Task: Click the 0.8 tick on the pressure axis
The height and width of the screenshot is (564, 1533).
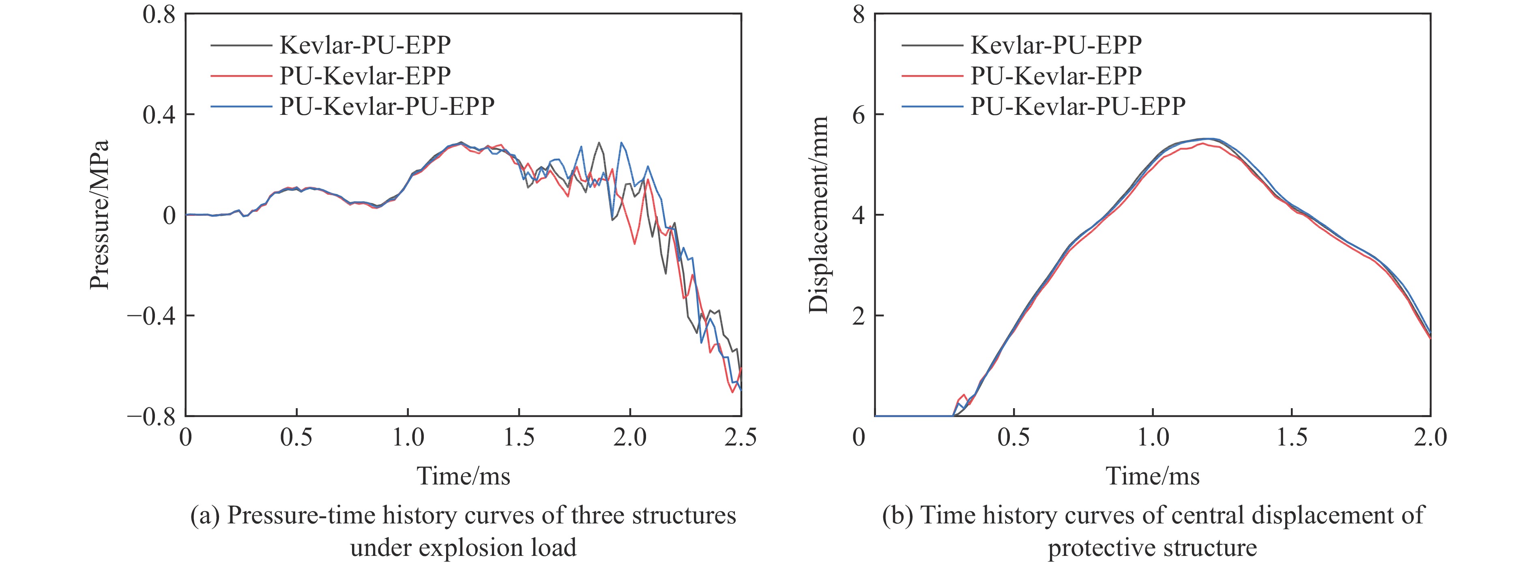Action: [159, 14]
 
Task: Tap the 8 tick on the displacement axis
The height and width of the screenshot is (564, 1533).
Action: [858, 14]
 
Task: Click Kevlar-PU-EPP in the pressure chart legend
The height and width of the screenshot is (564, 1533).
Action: [365, 45]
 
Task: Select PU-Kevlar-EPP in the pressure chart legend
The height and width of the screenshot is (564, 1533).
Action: [365, 75]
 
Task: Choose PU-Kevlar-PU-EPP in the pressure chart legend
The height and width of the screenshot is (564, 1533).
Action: [387, 106]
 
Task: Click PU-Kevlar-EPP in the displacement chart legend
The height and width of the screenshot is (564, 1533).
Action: [1056, 75]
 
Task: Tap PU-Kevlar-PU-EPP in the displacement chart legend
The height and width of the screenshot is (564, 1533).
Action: [1078, 106]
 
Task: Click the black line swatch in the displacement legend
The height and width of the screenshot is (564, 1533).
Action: [931, 45]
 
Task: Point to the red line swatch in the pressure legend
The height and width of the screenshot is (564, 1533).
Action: [240, 75]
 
